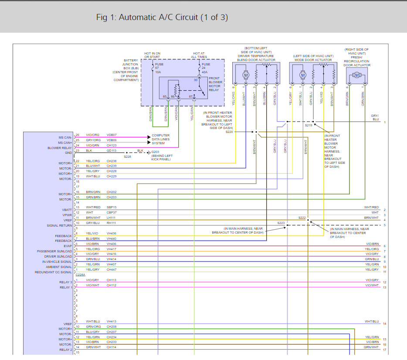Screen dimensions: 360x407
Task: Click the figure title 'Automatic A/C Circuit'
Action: [x=162, y=17]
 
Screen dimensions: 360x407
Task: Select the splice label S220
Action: [x=229, y=131]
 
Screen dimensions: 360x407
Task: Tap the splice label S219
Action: [x=308, y=125]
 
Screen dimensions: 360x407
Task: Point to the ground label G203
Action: [x=156, y=152]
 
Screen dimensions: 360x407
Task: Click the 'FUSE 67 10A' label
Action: [x=159, y=68]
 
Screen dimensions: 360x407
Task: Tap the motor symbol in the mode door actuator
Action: [x=303, y=75]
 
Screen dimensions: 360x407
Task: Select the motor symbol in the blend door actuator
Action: [x=245, y=75]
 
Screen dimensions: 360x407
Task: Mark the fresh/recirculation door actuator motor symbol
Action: [x=357, y=75]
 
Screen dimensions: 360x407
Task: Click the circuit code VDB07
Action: [x=112, y=135]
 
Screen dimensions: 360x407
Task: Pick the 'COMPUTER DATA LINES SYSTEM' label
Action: [x=161, y=139]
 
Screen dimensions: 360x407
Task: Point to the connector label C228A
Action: [x=80, y=275]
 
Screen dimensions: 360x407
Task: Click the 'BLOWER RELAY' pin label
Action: [x=60, y=148]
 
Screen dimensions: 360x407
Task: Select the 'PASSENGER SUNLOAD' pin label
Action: [x=54, y=251]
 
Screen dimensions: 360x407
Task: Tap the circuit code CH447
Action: [x=112, y=270]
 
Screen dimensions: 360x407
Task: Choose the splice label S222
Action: [x=302, y=217]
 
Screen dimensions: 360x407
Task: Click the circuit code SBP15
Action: [x=112, y=207]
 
